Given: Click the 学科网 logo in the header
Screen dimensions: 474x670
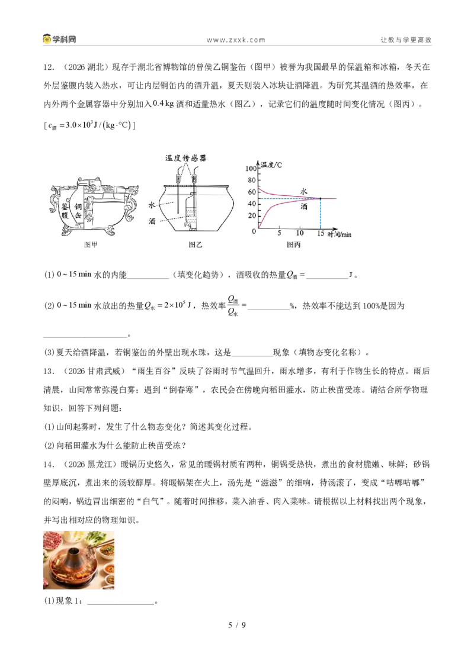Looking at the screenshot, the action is (59, 39).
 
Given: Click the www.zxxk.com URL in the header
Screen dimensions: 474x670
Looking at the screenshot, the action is (236, 40).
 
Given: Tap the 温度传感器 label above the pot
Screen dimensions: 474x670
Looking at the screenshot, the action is (185, 158).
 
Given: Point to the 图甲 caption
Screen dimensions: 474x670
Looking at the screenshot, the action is (91, 244).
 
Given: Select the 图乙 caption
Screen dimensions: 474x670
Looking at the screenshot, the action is (195, 244).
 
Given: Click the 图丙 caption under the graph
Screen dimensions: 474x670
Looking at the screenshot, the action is (293, 244).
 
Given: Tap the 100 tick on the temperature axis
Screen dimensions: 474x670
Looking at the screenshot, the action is (251, 168).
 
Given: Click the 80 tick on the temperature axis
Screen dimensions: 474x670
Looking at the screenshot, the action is (252, 181).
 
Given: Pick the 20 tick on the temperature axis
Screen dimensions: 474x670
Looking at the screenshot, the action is (252, 216).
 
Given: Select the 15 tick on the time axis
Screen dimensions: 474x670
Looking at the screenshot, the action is (321, 233).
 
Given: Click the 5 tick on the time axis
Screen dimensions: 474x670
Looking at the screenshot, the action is (279, 233).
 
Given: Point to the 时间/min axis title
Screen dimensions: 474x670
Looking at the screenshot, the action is (340, 234).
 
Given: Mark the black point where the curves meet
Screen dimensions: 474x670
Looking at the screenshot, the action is (321, 198).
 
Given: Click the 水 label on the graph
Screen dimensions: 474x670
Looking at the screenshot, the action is (303, 191).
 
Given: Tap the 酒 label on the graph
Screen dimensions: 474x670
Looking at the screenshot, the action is (303, 207).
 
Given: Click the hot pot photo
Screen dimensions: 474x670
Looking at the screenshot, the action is (79, 560).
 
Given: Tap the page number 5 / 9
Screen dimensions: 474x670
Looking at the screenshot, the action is (237, 625).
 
